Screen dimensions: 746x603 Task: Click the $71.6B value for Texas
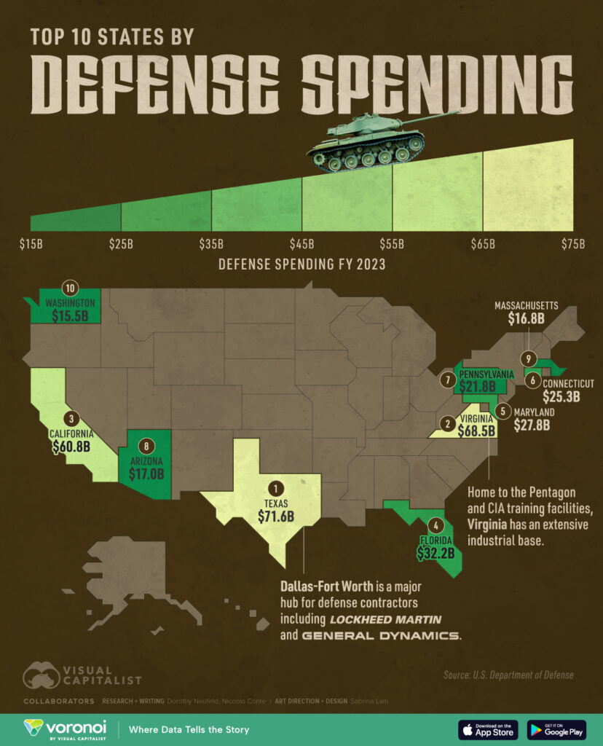[275, 517]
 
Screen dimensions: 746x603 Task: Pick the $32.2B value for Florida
[435, 554]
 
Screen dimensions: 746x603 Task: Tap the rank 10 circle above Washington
[70, 287]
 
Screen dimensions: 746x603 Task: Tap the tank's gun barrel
[430, 116]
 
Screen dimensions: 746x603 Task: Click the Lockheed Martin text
[386, 619]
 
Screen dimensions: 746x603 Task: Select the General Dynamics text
[382, 636]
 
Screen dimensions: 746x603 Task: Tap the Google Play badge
[556, 729]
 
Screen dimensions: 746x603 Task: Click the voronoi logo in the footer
[65, 729]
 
